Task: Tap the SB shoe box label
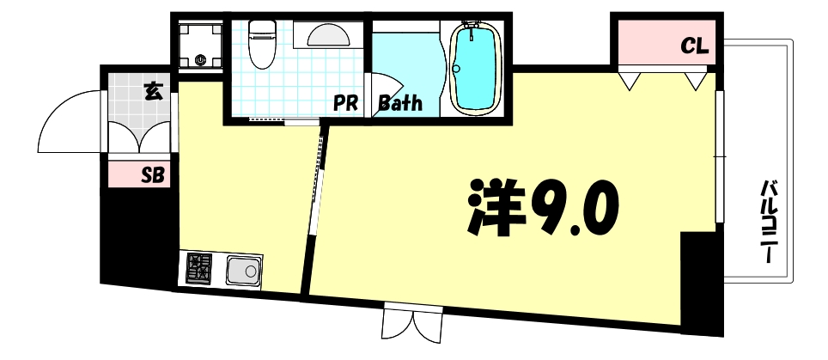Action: [x=153, y=176]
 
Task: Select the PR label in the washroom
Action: [x=345, y=104]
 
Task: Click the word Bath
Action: [x=400, y=104]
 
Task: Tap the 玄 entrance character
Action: [x=153, y=89]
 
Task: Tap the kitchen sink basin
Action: [x=245, y=272]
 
